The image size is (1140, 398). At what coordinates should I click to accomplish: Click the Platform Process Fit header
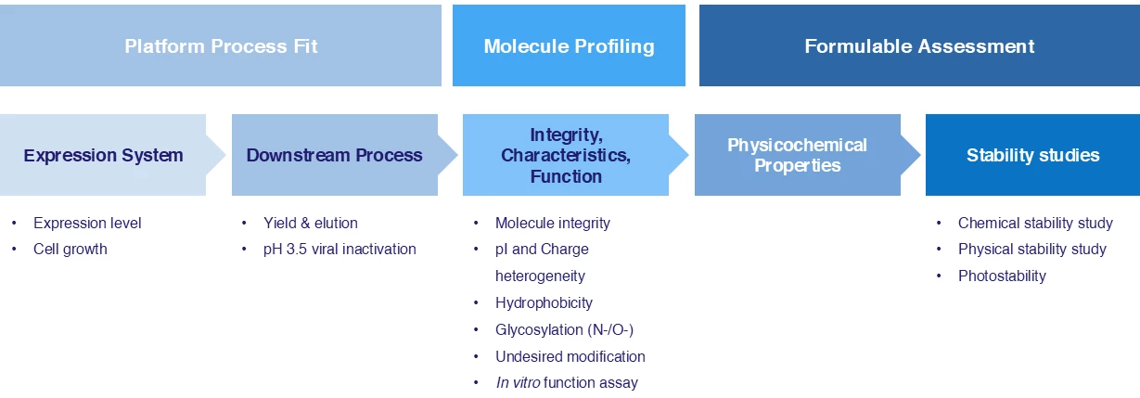221,45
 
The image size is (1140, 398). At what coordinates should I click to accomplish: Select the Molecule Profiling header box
569,45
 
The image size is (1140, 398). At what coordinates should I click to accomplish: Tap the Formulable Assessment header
919,45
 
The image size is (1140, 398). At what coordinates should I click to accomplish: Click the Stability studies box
1032,155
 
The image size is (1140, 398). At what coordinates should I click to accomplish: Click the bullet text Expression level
87,223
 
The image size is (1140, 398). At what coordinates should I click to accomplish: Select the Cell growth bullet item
70,249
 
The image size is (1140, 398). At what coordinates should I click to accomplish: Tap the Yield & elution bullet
311,223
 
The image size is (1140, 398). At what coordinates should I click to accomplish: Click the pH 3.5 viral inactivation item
339,249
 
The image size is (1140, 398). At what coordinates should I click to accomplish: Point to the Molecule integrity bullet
553,223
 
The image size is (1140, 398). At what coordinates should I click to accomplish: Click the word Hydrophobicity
544,302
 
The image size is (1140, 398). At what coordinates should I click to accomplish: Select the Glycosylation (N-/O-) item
564,329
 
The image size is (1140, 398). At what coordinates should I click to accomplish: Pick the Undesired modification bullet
570,356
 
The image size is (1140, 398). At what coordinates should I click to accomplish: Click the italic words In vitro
519,382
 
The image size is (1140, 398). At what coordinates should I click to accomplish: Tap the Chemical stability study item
1035,223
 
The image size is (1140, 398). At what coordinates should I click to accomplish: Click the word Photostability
1002,276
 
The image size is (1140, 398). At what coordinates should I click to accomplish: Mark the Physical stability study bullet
1032,249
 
